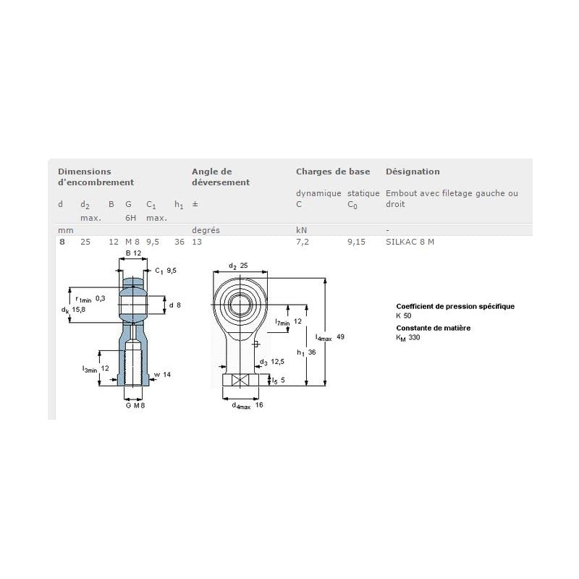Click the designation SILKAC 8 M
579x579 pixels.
pos(410,242)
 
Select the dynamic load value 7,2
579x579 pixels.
pos(303,242)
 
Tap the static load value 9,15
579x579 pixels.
pos(356,242)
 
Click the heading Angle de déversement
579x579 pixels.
pos(220,177)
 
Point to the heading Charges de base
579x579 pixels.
pos(332,172)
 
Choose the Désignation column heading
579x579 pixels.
pos(413,172)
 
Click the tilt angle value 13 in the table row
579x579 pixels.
pos(196,242)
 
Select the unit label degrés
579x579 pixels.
pos(206,229)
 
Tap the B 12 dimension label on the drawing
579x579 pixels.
pos(132,253)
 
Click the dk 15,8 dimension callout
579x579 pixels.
pos(74,310)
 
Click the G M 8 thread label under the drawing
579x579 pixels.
pos(134,405)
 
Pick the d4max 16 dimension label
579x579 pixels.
pos(247,405)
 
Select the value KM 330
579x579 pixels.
pos(407,337)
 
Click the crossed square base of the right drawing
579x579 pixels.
pos(240,381)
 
